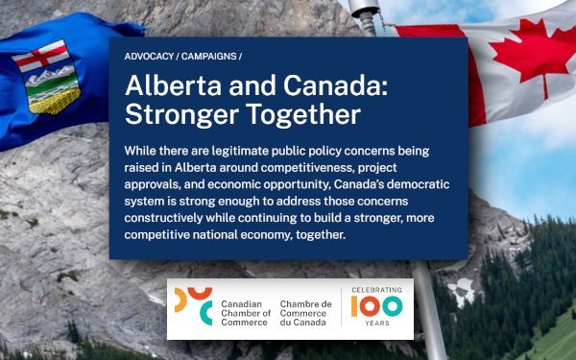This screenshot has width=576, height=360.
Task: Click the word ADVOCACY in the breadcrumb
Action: point(149,57)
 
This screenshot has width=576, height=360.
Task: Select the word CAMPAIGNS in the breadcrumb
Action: point(208,57)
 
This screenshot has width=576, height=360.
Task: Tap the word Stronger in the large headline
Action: point(181,115)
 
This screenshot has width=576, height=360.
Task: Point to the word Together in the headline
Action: point(303,114)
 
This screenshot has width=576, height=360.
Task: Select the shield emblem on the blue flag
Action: point(47,77)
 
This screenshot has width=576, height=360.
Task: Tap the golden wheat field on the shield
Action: point(55,102)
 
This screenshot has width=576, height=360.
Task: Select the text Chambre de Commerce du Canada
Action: point(305,313)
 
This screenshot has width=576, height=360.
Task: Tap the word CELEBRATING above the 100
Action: point(376,290)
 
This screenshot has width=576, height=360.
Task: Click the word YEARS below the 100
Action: point(377,324)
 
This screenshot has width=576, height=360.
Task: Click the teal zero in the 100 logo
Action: point(393,306)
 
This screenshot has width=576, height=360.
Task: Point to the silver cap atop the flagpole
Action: point(364,8)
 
